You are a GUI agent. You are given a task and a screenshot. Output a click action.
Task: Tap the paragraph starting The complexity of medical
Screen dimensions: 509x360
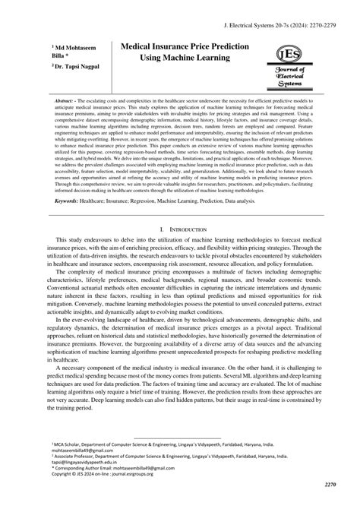point(180,293)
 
